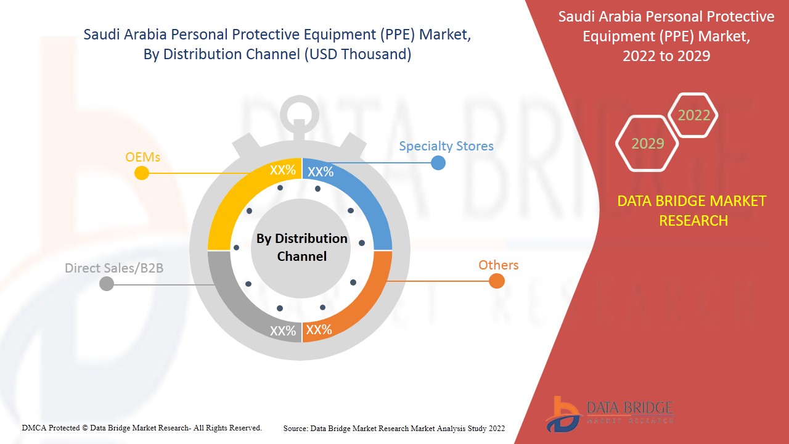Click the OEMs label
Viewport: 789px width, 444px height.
[x=142, y=157]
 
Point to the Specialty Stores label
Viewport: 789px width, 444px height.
[x=446, y=146]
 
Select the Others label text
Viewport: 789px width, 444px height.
[x=498, y=265]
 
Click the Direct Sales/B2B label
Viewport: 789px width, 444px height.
[x=114, y=268]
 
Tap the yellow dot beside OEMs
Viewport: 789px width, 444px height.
[x=142, y=173]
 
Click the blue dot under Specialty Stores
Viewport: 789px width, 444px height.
[x=438, y=163]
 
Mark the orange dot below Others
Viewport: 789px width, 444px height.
[x=496, y=281]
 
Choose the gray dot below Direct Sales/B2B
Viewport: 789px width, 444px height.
[x=107, y=284]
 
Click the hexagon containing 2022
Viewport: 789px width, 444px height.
[x=693, y=115]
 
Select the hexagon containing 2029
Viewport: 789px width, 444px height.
[x=647, y=144]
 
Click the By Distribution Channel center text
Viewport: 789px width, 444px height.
[x=301, y=247]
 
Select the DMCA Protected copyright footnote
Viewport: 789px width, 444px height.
[x=142, y=427]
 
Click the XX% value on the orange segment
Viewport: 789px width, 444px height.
[x=319, y=330]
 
